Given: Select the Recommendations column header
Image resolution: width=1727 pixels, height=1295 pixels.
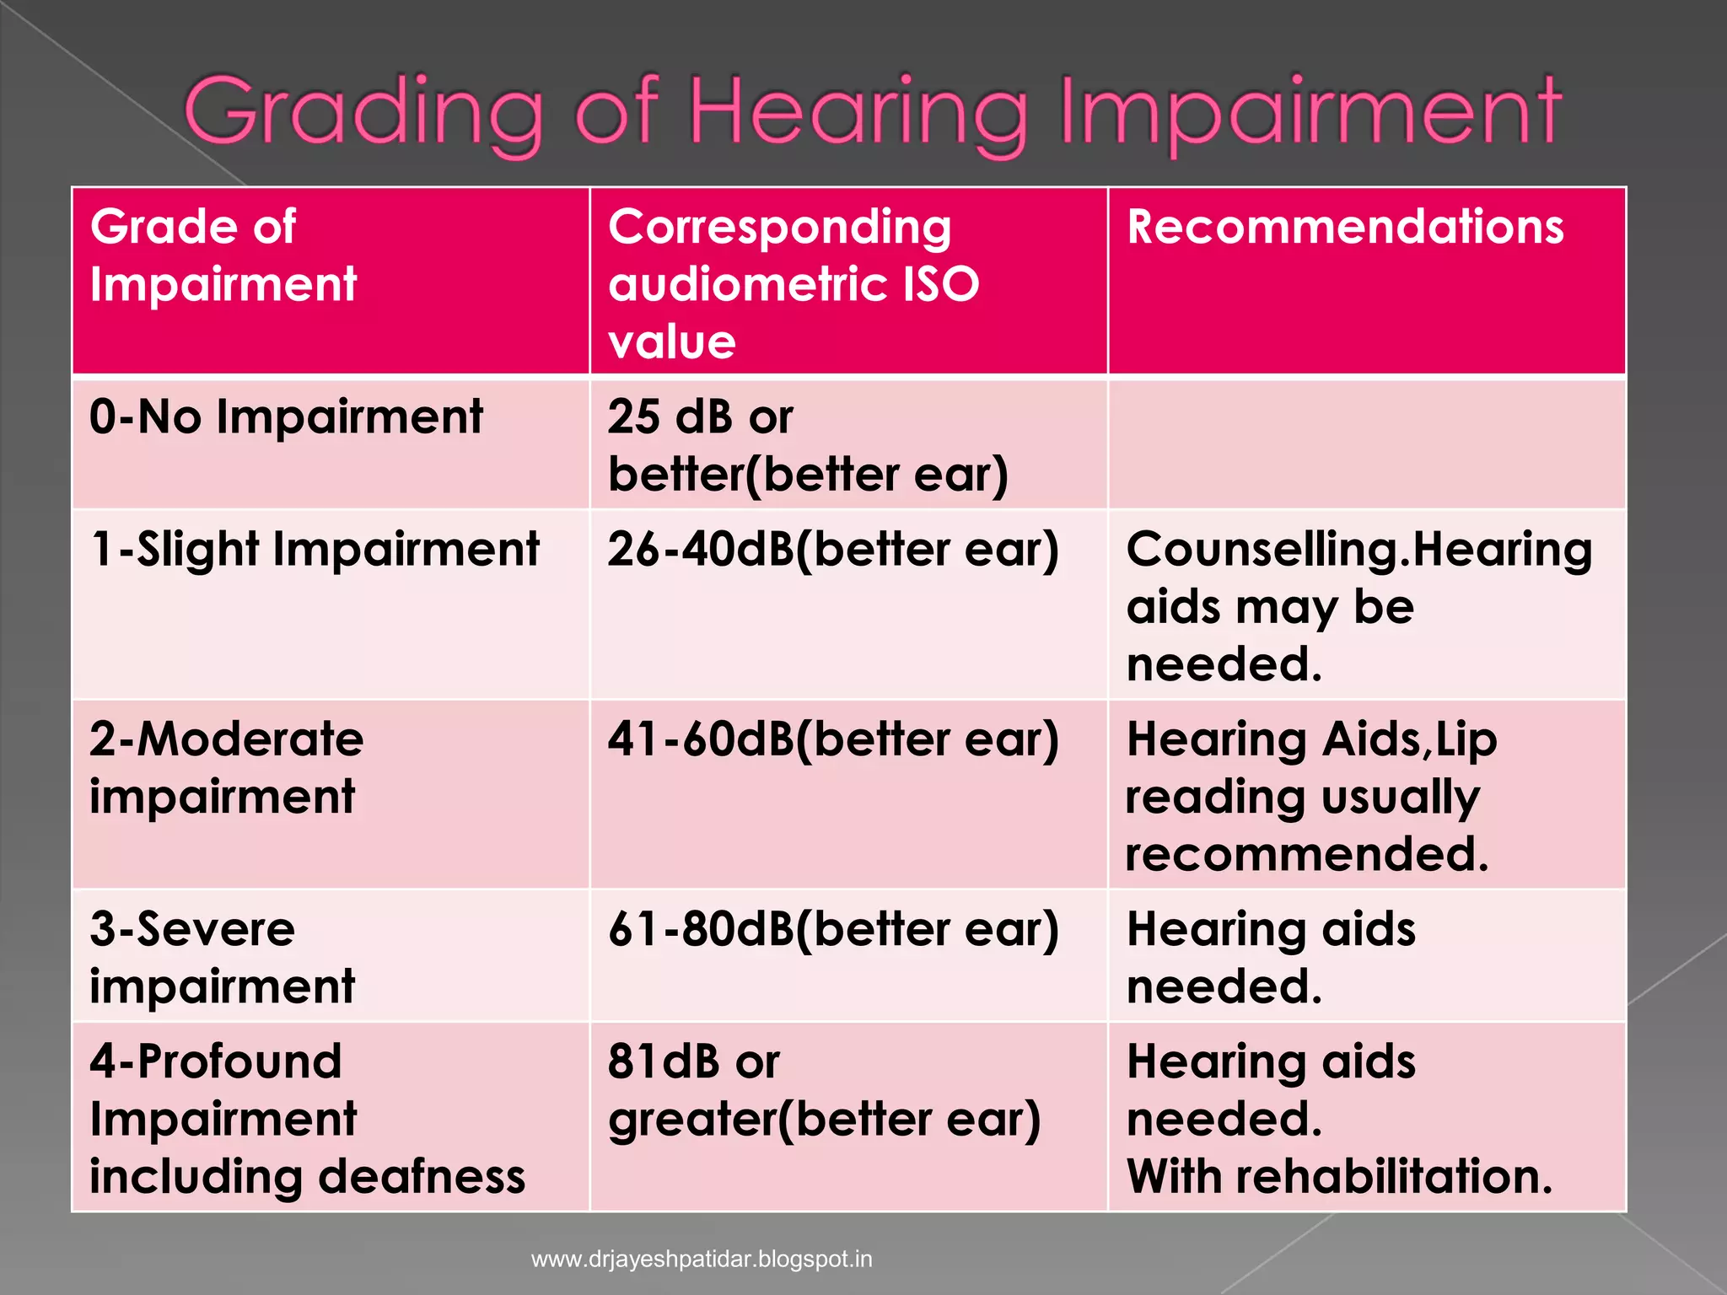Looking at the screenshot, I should tap(1345, 227).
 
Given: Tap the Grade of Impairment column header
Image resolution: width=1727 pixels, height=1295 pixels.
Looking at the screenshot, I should tap(223, 255).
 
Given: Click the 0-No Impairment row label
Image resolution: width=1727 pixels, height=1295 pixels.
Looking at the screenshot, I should tap(286, 416).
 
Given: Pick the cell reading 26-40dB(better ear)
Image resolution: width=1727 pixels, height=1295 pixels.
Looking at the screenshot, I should tap(832, 550).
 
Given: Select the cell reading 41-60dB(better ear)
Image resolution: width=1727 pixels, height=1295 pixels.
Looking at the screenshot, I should tap(832, 739).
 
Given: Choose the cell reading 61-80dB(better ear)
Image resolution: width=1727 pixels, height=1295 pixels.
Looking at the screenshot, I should tap(832, 929).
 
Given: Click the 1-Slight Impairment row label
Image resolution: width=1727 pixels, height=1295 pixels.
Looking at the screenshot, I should tap(315, 550).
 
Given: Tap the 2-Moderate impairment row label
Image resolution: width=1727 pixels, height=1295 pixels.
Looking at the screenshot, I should tap(226, 767).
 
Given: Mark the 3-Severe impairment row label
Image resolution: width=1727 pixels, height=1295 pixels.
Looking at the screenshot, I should tap(222, 957).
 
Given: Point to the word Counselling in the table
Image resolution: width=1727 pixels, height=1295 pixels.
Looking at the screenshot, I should tap(1262, 550).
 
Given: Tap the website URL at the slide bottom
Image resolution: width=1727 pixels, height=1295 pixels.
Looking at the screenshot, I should tap(702, 1260).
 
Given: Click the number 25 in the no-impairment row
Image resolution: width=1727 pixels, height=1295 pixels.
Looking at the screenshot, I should tap(633, 416).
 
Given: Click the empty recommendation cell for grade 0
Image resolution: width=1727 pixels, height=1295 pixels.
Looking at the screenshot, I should tap(1366, 444).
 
